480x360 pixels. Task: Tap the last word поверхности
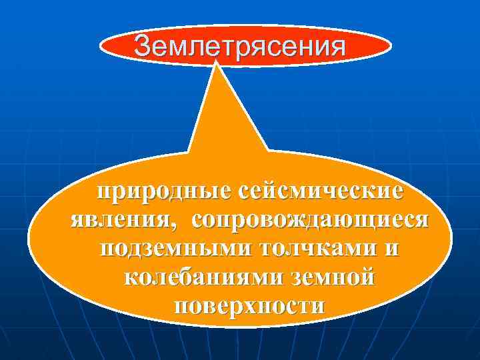coord(249,306)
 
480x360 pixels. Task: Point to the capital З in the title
coord(142,46)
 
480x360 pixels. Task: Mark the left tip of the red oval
coord(101,47)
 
